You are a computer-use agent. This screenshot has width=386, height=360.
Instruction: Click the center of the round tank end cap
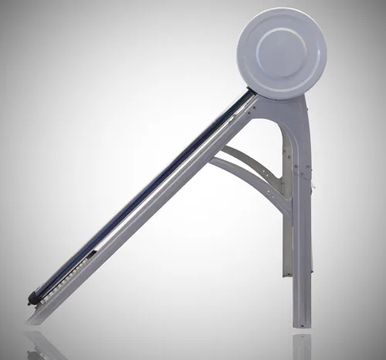point(281,53)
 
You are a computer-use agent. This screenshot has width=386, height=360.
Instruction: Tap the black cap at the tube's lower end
point(32,297)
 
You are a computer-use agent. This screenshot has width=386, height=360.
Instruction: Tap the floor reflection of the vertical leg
point(302,345)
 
